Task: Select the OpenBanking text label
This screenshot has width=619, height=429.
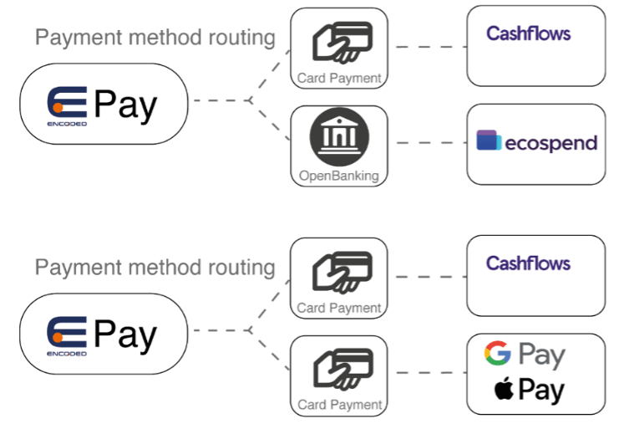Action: [x=338, y=176]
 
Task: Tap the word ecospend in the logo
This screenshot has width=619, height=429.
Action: [x=551, y=143]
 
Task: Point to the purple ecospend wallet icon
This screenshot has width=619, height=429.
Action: [x=489, y=140]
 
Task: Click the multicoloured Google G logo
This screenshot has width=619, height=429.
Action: [x=497, y=355]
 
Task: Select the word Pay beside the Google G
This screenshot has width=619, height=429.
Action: [x=541, y=355]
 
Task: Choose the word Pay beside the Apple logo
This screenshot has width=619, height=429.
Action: [x=541, y=391]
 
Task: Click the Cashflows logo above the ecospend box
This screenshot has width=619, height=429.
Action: [x=528, y=34]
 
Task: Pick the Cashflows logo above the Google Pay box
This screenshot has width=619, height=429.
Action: [x=528, y=263]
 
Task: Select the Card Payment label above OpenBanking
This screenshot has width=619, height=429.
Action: [x=338, y=79]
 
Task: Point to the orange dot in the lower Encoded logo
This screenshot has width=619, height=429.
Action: [x=58, y=337]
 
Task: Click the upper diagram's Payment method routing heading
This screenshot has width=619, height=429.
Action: [x=155, y=38]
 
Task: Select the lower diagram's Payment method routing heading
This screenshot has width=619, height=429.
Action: [x=155, y=268]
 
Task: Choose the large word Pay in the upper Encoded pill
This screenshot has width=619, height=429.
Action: [x=125, y=105]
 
